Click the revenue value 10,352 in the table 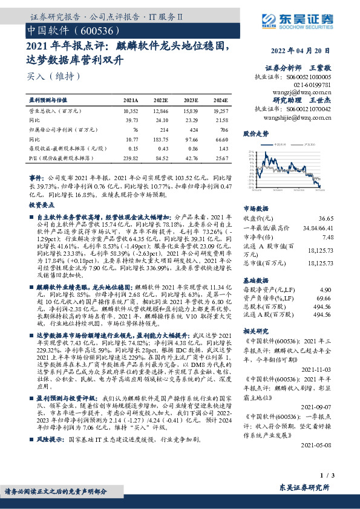131,111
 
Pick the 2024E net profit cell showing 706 222,129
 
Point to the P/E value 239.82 131,157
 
